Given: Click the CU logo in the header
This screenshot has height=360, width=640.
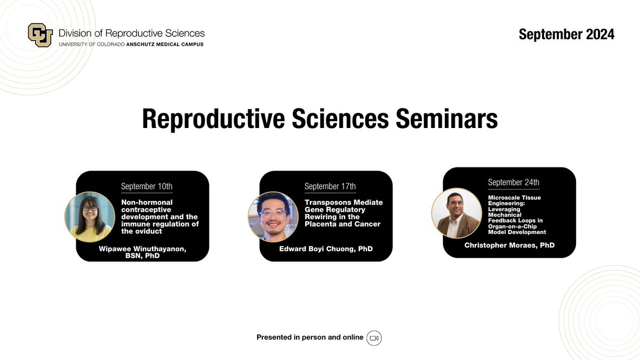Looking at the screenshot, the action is tap(41, 35).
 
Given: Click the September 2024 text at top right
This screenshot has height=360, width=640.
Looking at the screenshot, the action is tap(566, 34).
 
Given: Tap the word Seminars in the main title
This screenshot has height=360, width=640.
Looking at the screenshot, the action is tap(446, 118).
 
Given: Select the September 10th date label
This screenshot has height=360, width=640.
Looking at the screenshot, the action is tap(147, 186).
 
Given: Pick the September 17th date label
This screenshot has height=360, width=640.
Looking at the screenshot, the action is tap(330, 186).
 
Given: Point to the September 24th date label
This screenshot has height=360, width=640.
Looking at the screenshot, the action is tap(514, 182).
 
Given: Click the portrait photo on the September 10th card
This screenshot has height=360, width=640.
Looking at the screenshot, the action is tap(90, 217).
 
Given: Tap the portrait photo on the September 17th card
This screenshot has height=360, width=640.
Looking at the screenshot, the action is tap(273, 217).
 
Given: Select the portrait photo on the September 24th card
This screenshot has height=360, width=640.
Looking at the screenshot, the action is tap(457, 213).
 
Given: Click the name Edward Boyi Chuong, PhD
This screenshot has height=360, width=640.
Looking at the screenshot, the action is tap(326, 249).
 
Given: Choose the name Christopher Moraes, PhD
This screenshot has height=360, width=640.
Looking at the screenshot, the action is tap(509, 245).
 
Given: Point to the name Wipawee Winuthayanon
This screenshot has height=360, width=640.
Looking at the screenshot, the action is tap(142, 249).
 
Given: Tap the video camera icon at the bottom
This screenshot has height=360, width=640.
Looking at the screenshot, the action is tap(374, 338).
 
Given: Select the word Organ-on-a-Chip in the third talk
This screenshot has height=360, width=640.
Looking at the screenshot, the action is tap(513, 227).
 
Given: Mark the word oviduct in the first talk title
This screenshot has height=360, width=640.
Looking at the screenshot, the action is tap(148, 231).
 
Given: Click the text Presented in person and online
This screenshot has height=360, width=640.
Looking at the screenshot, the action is tap(310, 338).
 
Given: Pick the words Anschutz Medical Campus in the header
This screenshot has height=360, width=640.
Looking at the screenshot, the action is tap(165, 44).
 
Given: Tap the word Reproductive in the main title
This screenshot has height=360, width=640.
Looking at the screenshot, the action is tap(213, 119).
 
